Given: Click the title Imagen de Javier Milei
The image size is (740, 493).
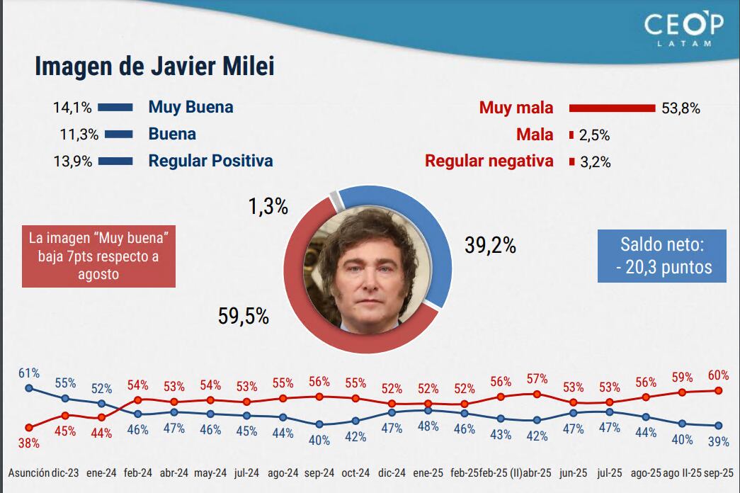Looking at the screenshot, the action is [154, 67].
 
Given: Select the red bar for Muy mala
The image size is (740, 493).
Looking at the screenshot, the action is [613, 108].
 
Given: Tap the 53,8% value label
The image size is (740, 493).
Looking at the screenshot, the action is [681, 108].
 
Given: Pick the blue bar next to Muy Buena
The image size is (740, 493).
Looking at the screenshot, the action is [115, 108].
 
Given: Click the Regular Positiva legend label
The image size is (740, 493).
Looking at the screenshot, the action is [210, 161].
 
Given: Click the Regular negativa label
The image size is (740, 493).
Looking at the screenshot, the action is [489, 161].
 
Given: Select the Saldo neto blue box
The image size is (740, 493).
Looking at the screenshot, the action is [661, 256].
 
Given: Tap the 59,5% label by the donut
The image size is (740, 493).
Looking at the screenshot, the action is [244, 316].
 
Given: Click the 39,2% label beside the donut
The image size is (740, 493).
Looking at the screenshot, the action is [490, 245].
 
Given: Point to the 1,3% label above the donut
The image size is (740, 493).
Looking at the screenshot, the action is [268, 207].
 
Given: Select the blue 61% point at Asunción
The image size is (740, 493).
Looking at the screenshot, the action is [28, 388].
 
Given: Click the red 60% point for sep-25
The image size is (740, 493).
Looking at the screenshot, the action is [718, 390].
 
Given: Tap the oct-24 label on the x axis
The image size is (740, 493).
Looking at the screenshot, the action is [355, 472].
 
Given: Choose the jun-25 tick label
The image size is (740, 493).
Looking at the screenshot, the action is [573, 472].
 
